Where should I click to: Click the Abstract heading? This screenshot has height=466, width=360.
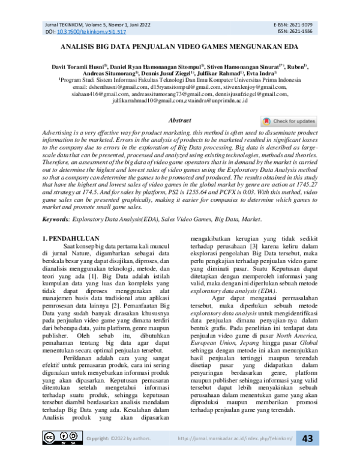coord(180,121)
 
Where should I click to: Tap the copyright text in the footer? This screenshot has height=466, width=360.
coord(119,454)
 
